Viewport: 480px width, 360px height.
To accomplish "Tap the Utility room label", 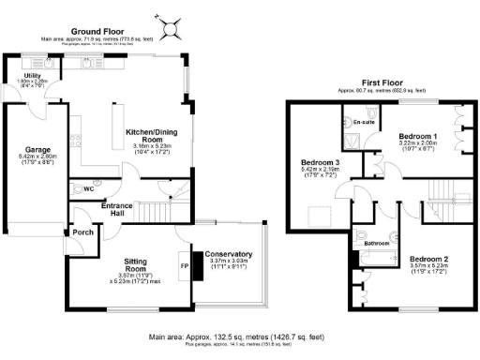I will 20,75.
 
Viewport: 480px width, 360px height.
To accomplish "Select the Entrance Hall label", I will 118,208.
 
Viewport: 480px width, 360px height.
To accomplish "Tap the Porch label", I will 81,233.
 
